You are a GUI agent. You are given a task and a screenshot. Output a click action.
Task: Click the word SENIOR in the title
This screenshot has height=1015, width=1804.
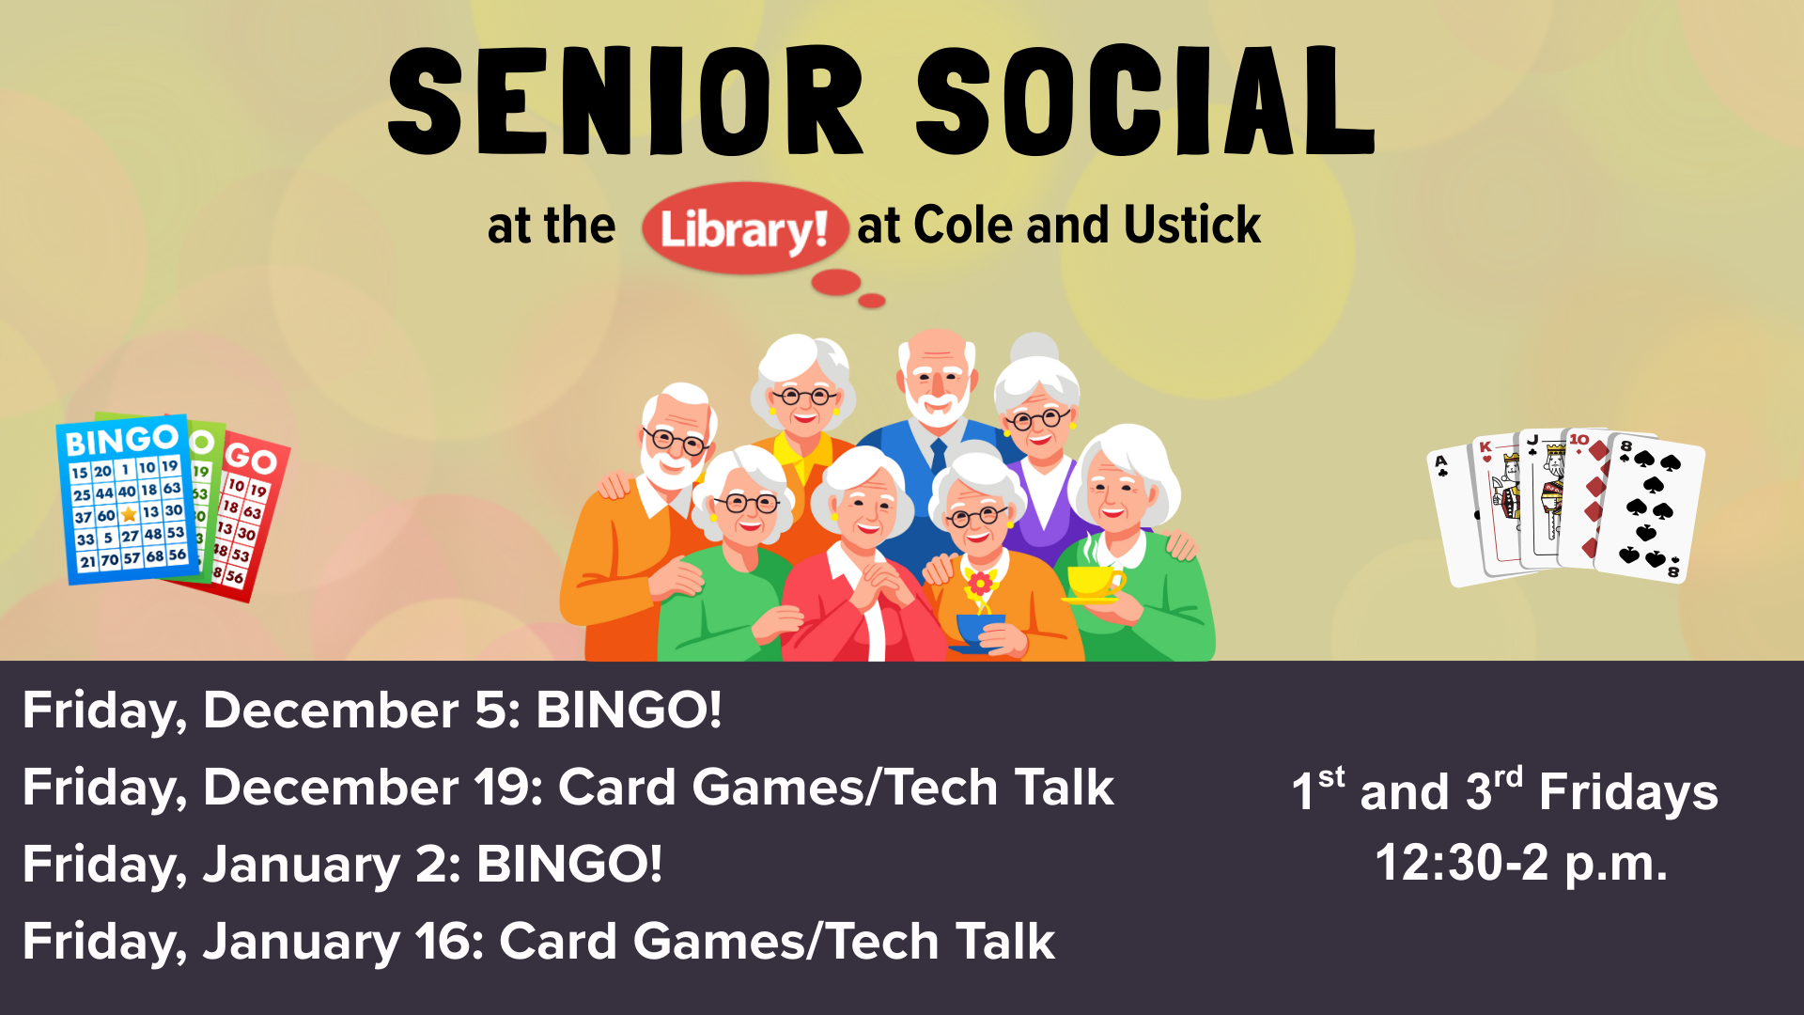pos(625,101)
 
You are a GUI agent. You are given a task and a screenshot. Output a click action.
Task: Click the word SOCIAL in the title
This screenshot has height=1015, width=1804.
pos(1146,101)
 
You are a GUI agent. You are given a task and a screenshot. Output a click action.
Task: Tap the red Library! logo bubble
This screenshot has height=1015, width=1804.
pos(744,228)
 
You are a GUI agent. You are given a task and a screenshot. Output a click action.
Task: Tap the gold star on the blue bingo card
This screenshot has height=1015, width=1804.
pos(129,514)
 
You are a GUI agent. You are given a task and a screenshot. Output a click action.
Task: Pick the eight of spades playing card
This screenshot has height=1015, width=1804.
pos(1651,507)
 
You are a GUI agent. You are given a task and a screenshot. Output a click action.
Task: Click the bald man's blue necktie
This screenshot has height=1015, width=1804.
pos(939,458)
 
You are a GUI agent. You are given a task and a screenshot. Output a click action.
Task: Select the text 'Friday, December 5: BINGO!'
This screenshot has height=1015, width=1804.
pos(372,710)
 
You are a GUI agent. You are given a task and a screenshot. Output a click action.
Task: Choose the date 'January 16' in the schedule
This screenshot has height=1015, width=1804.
pos(344,942)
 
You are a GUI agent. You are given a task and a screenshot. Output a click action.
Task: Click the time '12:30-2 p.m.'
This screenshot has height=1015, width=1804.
pos(1521,863)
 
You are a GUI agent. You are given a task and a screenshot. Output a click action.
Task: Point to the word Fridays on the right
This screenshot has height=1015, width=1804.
pos(1628,791)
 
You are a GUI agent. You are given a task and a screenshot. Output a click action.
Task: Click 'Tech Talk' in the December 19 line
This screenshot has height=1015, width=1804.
pos(1001,787)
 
